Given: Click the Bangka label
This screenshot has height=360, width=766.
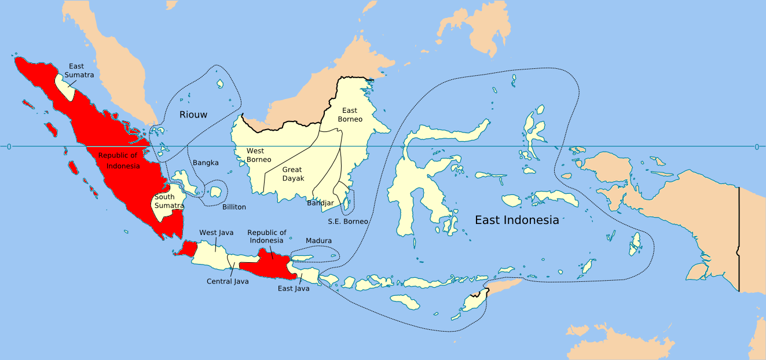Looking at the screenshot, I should (206, 163).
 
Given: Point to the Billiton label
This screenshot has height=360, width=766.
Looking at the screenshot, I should (234, 207).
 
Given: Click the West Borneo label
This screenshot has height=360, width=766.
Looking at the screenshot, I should (255, 155).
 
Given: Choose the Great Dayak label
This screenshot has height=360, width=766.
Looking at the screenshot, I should (293, 174).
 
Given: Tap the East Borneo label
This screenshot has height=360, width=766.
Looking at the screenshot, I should (350, 115).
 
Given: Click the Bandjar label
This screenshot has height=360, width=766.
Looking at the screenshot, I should (320, 203).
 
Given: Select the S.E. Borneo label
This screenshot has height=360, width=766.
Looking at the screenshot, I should (348, 221).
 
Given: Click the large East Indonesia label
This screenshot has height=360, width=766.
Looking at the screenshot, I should (516, 220).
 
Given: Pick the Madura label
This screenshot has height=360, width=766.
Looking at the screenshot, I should (318, 241).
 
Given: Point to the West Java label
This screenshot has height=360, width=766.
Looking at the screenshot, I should (217, 233).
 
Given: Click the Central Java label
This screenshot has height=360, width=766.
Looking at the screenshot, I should (228, 281).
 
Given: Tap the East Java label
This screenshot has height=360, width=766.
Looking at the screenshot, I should (294, 288).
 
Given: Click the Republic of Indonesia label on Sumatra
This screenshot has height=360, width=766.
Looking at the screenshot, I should (119, 160).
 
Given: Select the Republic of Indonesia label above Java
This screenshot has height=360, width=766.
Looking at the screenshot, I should (267, 236).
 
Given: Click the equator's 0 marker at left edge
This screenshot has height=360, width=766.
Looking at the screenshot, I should (8, 147).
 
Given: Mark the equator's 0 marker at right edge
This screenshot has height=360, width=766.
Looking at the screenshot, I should (757, 147).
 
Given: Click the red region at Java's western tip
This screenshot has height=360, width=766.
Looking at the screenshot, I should (188, 249).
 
